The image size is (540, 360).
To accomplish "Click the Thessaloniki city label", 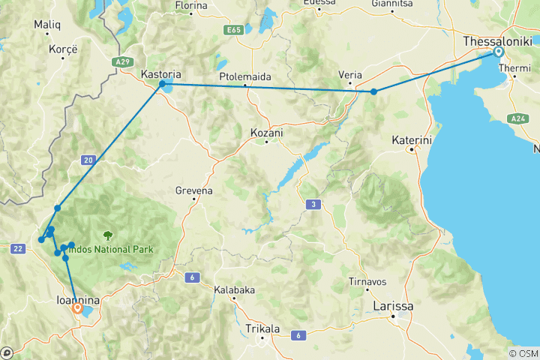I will pyautogui.click(x=496, y=40).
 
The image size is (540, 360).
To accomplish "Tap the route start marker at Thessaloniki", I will pyautogui.click(x=498, y=52).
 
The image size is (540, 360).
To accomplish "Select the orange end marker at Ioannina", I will pyautogui.click(x=77, y=307).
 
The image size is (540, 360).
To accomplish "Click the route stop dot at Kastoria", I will pyautogui.click(x=162, y=84).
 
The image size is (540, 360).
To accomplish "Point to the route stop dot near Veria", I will pyautogui.click(x=373, y=91).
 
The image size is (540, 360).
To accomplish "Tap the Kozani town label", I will pyautogui.click(x=267, y=133).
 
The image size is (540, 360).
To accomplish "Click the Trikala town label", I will pyautogui.click(x=262, y=328).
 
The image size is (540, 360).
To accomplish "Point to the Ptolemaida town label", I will pyautogui.click(x=245, y=77).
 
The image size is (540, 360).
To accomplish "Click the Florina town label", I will pyautogui.click(x=190, y=5).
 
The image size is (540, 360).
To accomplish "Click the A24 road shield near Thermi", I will pyautogui.click(x=517, y=118).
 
